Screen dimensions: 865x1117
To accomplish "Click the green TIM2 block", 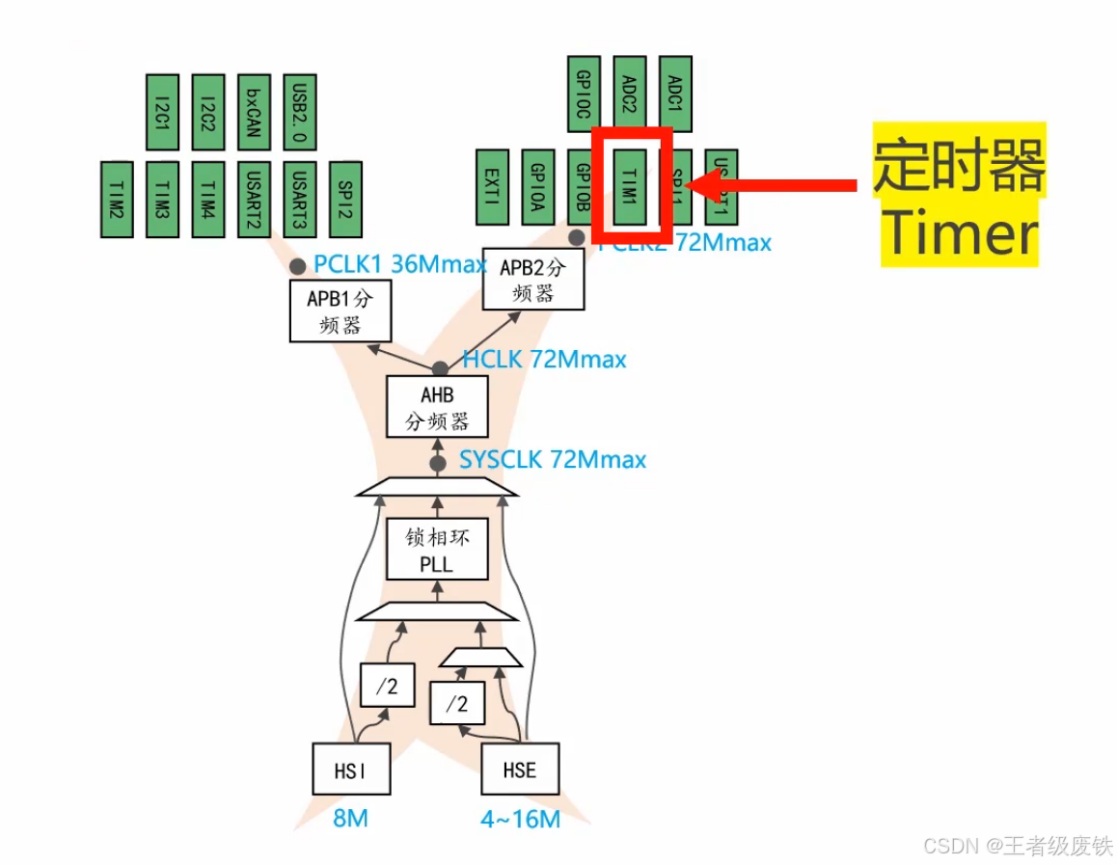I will [117, 200].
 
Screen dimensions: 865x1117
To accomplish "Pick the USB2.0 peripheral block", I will [300, 113].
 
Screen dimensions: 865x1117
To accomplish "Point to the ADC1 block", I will [675, 94].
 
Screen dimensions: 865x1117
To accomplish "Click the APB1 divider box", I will [340, 311].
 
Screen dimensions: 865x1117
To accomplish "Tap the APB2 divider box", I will [533, 280].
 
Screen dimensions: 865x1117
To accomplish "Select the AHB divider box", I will [437, 407].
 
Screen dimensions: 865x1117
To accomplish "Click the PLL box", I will [437, 549].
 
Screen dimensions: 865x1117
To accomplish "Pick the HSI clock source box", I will [351, 769].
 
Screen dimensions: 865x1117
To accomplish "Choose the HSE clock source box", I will [520, 769].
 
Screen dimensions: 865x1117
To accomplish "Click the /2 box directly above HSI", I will [387, 687].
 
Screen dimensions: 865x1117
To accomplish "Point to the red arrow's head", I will [700, 184].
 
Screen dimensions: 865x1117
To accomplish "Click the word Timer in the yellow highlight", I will [961, 234].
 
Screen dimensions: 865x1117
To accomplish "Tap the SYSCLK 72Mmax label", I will [552, 460].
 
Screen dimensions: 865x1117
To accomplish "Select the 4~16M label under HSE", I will [520, 820].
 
